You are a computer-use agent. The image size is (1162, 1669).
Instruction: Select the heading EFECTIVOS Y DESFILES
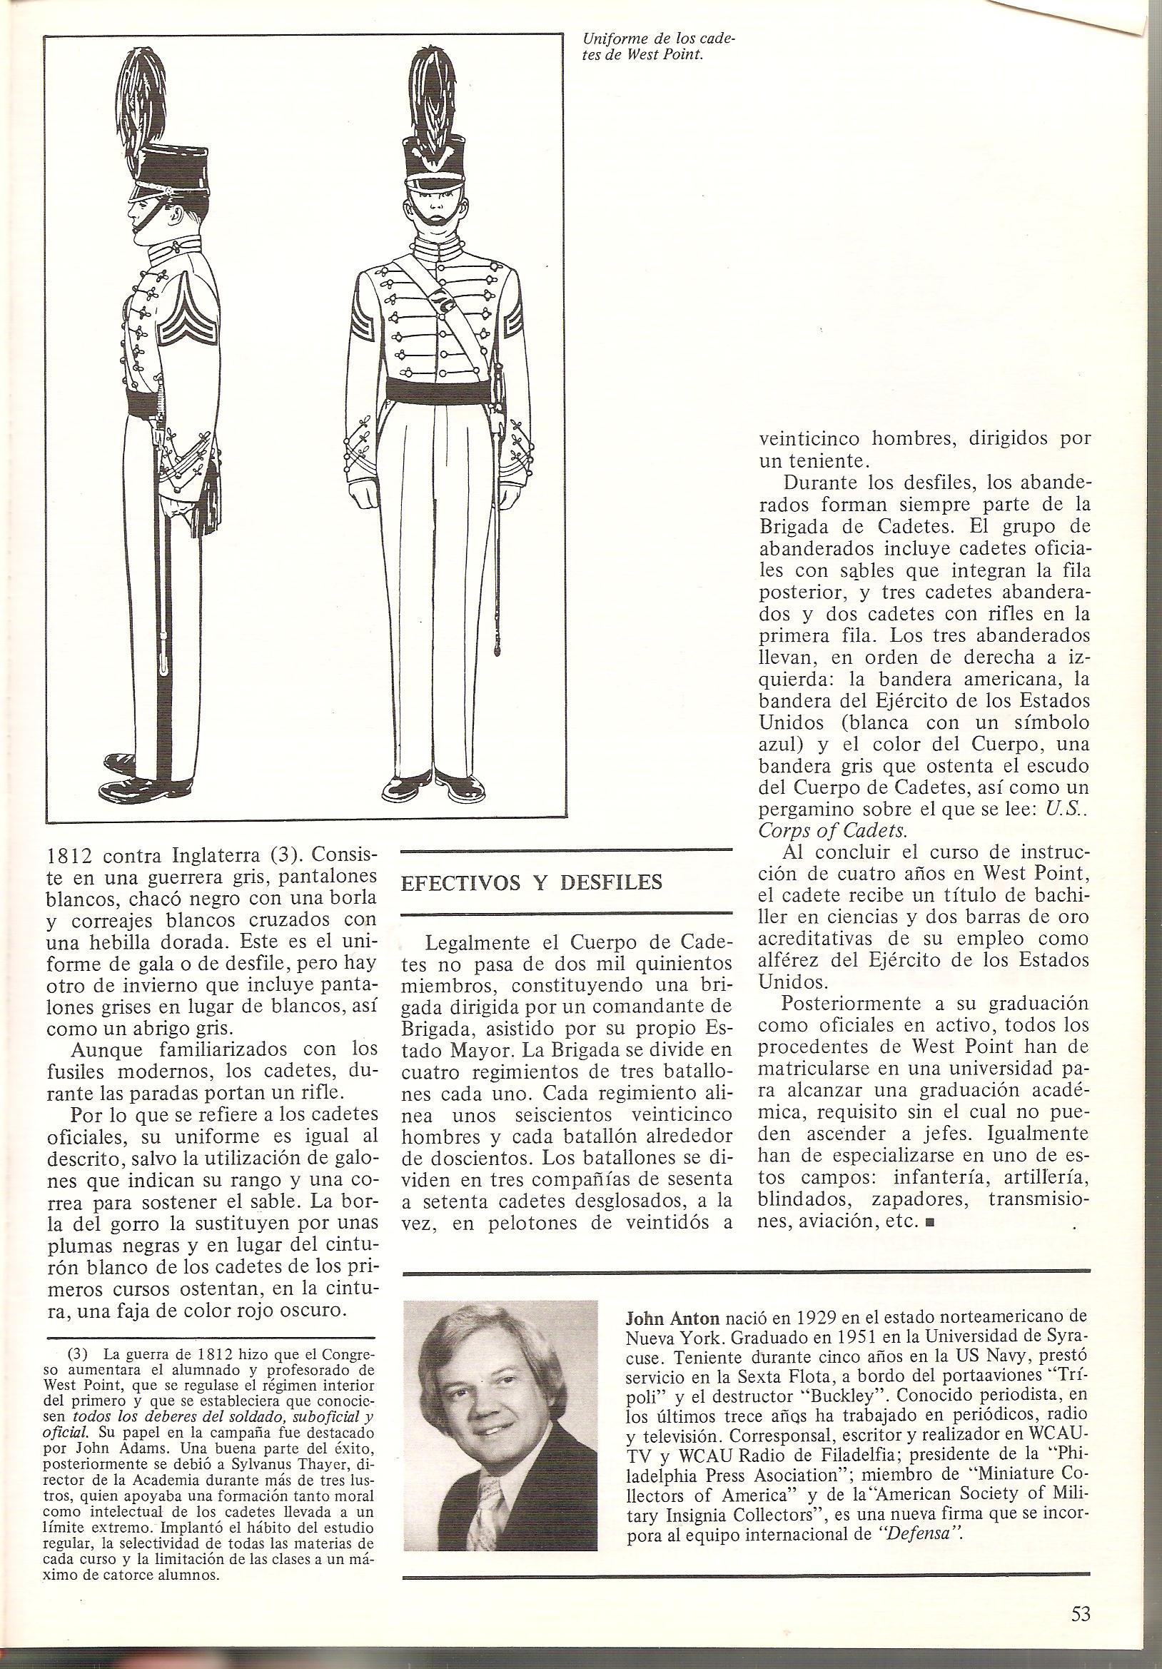(x=531, y=882)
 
